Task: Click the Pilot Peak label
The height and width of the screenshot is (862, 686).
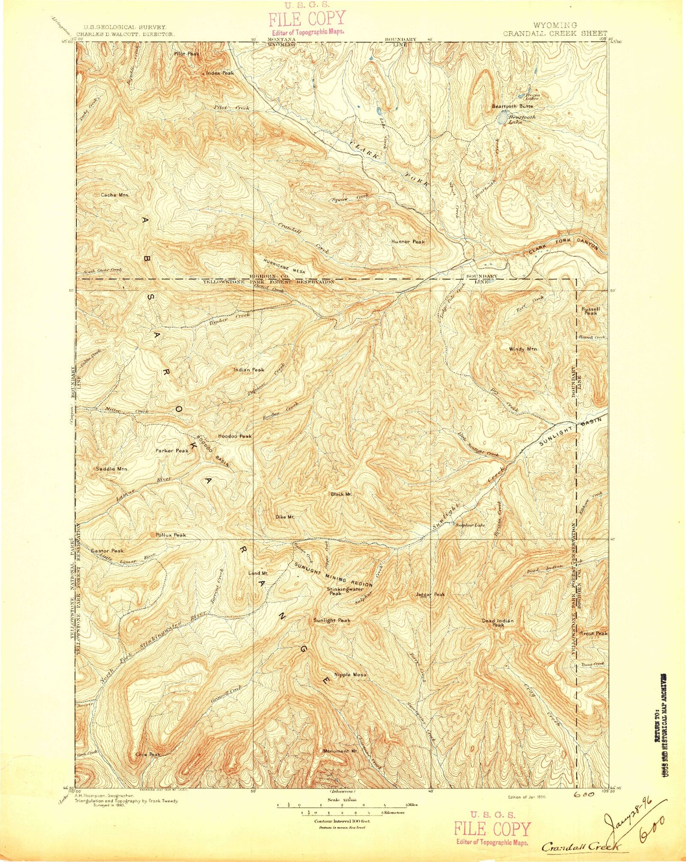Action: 186,54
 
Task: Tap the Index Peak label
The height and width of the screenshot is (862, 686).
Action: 221,73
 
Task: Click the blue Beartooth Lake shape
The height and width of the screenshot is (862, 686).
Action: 502,119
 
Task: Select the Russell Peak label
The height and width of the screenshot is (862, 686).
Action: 591,311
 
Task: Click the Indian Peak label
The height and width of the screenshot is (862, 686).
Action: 248,369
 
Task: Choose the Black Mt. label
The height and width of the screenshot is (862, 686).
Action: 341,494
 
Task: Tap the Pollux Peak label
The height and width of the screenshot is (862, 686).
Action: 171,535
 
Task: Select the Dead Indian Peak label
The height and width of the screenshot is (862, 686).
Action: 498,623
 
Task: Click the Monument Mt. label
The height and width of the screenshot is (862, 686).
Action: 340,751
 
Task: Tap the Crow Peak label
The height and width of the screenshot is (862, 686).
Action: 149,754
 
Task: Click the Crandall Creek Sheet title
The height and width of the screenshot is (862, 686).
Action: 554,33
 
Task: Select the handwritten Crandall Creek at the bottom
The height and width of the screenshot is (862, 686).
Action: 581,846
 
